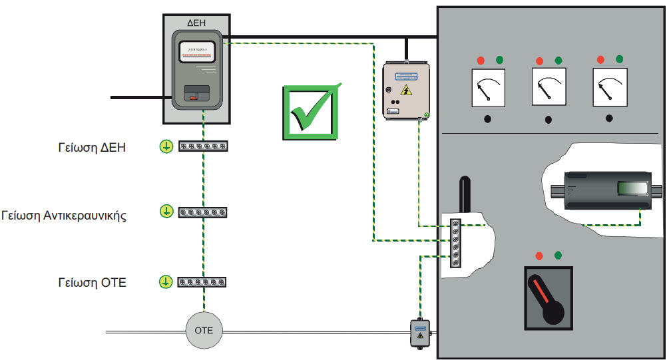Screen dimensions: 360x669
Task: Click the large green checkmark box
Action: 309,112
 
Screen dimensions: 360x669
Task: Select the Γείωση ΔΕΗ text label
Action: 92,147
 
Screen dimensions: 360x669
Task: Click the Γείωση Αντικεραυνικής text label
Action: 64,215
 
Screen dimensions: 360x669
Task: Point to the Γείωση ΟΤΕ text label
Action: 92,282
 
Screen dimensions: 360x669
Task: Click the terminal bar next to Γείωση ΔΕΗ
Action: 203,146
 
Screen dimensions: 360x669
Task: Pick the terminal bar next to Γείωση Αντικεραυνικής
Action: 203,212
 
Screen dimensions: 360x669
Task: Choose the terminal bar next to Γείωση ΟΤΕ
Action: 203,282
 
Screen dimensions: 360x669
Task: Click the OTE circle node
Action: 204,330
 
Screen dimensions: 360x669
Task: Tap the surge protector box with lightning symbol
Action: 405,90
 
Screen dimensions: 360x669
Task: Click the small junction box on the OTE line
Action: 420,333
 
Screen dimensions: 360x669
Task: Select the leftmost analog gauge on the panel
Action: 489,89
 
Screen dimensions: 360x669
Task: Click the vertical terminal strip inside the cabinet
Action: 456,243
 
